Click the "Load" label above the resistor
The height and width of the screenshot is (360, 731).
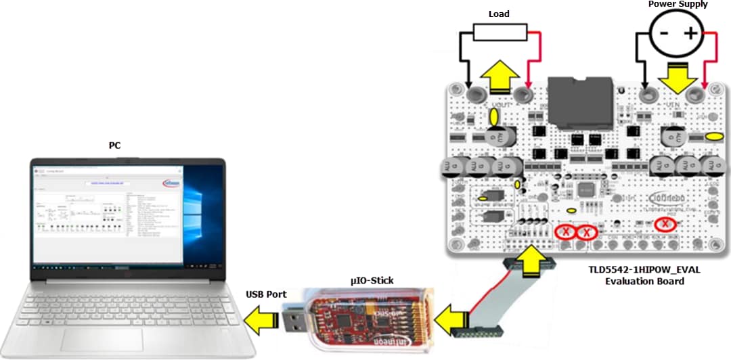pyautogui.click(x=499, y=14)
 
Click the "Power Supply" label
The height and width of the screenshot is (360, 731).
pyautogui.click(x=678, y=5)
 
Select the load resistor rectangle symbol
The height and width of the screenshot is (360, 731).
pyautogui.click(x=499, y=32)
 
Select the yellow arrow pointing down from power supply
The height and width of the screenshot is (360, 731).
pyautogui.click(x=677, y=78)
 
